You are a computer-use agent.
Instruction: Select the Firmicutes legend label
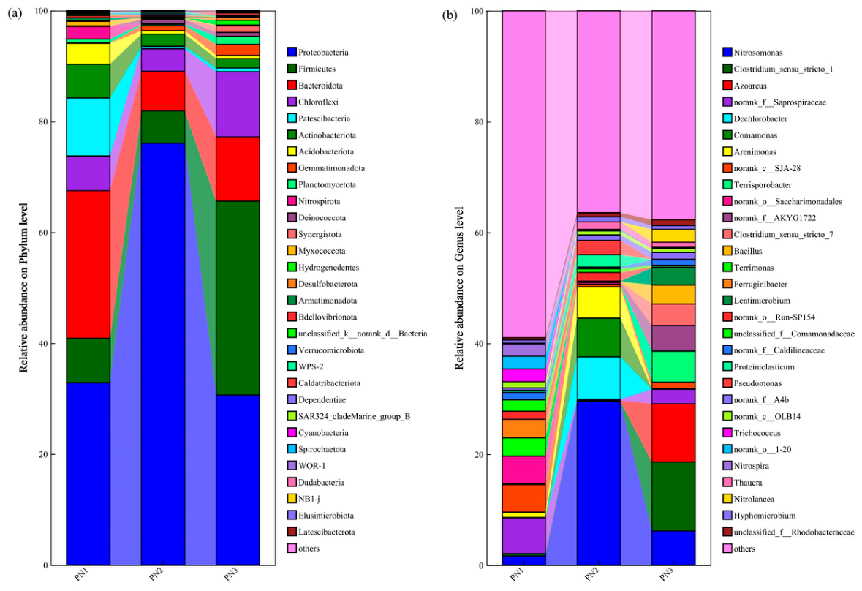[317, 69]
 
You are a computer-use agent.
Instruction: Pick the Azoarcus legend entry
[744, 86]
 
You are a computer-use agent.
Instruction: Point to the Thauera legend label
[748, 482]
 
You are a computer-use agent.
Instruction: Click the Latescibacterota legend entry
[321, 532]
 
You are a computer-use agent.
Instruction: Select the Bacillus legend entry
[742, 251]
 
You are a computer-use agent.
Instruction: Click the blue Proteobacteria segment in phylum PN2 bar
[163, 354]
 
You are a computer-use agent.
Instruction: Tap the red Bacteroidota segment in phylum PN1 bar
[88, 264]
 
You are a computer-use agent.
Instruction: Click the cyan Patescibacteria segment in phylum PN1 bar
[88, 127]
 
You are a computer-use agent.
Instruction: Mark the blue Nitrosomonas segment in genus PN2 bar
[599, 483]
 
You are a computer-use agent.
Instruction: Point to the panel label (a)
[15, 15]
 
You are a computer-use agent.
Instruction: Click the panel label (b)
[450, 15]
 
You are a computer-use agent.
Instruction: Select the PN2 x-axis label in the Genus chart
[591, 575]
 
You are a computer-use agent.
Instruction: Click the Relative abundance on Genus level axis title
[460, 288]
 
